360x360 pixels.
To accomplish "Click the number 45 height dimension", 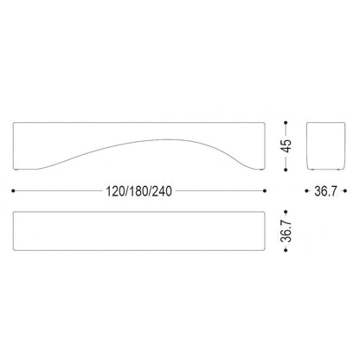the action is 287,146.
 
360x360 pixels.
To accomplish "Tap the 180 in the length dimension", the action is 139,191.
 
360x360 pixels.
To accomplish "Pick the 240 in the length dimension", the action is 162,191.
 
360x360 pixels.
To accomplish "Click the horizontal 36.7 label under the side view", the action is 325,191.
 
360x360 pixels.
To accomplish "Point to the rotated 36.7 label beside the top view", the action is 286,231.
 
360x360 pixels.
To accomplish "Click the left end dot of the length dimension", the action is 13,190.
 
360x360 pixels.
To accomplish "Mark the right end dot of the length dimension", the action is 265,190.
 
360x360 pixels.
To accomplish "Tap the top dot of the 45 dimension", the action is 286,123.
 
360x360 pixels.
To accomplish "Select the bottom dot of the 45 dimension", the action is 286,170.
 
